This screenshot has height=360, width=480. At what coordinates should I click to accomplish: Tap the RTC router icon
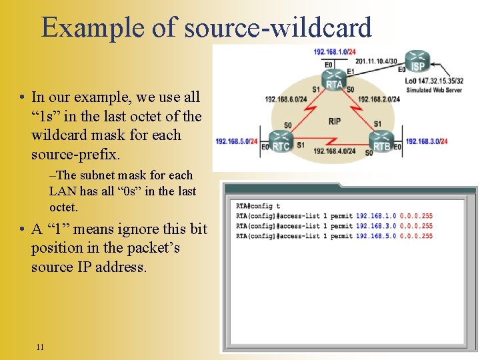pos(281,143)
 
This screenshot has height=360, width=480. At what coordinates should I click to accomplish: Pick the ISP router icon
pos(418,62)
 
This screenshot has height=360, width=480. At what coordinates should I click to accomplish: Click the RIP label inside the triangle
pos(334,121)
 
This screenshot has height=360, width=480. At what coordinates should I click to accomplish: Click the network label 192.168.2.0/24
pos(379,99)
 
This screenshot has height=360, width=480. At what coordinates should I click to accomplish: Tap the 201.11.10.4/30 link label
pos(376,61)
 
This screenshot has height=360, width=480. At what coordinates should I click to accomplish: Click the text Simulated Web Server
pos(435,90)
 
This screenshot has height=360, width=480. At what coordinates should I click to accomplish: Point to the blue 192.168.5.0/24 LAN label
pos(236,141)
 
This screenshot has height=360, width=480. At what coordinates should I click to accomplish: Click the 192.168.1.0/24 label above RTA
pos(334,51)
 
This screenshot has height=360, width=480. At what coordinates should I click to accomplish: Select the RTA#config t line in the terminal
pos(258,206)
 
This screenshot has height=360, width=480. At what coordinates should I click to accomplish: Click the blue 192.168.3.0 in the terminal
pos(375,226)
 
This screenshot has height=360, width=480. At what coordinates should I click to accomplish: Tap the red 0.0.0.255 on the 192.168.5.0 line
pos(416,236)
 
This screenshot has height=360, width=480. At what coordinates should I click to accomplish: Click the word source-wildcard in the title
pos(277,27)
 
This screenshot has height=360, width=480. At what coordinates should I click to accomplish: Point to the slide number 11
pos(41,347)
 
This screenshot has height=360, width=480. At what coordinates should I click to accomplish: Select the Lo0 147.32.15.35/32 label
pos(434,81)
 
